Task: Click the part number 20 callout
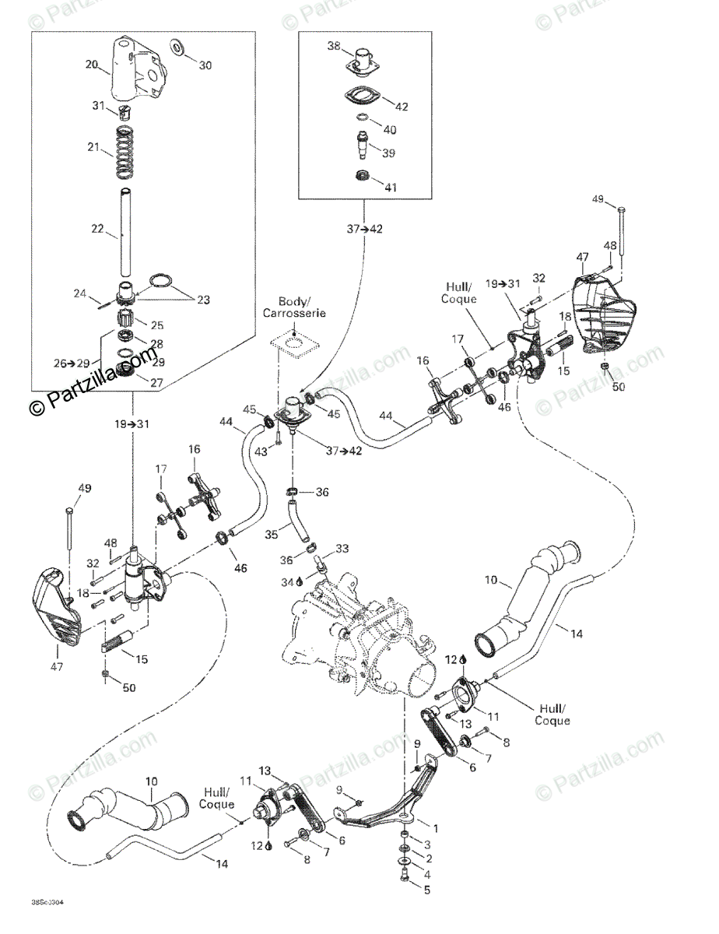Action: click(92, 65)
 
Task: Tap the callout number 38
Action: click(334, 46)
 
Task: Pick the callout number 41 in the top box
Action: click(390, 187)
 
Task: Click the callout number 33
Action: click(343, 550)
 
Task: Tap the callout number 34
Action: click(286, 581)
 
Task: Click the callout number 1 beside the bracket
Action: click(436, 828)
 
